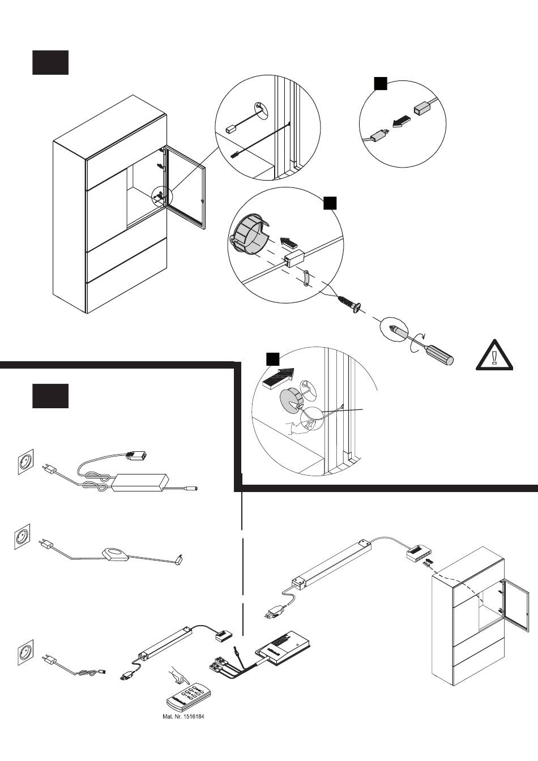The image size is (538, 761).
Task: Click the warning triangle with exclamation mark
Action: (x=494, y=356)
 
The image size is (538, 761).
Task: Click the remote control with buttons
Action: (x=186, y=695)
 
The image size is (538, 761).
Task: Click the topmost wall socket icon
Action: (x=25, y=461)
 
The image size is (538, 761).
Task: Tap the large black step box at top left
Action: (x=50, y=62)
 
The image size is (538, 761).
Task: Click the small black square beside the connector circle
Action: (x=381, y=84)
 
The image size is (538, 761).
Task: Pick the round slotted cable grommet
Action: (x=249, y=233)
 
